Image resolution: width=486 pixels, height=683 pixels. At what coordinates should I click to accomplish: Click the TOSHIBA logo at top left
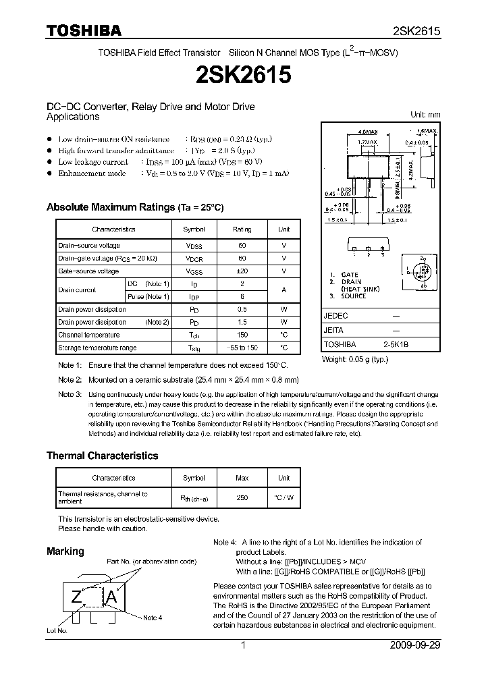click(84, 30)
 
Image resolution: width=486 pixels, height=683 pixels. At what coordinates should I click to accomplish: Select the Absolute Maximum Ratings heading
click(134, 207)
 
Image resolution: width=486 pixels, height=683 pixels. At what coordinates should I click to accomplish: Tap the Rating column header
click(242, 229)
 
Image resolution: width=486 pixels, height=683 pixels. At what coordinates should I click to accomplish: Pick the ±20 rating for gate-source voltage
click(242, 271)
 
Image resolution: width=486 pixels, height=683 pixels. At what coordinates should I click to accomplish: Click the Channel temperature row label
click(88, 335)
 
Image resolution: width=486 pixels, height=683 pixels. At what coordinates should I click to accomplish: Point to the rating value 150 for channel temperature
click(242, 335)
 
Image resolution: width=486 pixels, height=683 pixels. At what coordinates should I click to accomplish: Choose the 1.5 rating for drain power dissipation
click(242, 322)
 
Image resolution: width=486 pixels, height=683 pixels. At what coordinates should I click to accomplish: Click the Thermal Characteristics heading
click(102, 456)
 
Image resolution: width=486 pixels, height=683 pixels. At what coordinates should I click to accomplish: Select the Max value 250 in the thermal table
click(242, 497)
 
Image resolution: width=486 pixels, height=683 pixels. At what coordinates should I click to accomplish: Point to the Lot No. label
click(56, 630)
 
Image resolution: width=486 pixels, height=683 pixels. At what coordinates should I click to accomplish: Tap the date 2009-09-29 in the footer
click(415, 645)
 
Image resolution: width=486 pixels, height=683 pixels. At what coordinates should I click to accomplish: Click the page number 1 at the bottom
click(242, 645)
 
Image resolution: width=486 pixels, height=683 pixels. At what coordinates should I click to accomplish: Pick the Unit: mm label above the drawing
click(425, 115)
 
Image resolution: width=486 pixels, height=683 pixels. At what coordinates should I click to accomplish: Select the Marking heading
click(65, 551)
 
